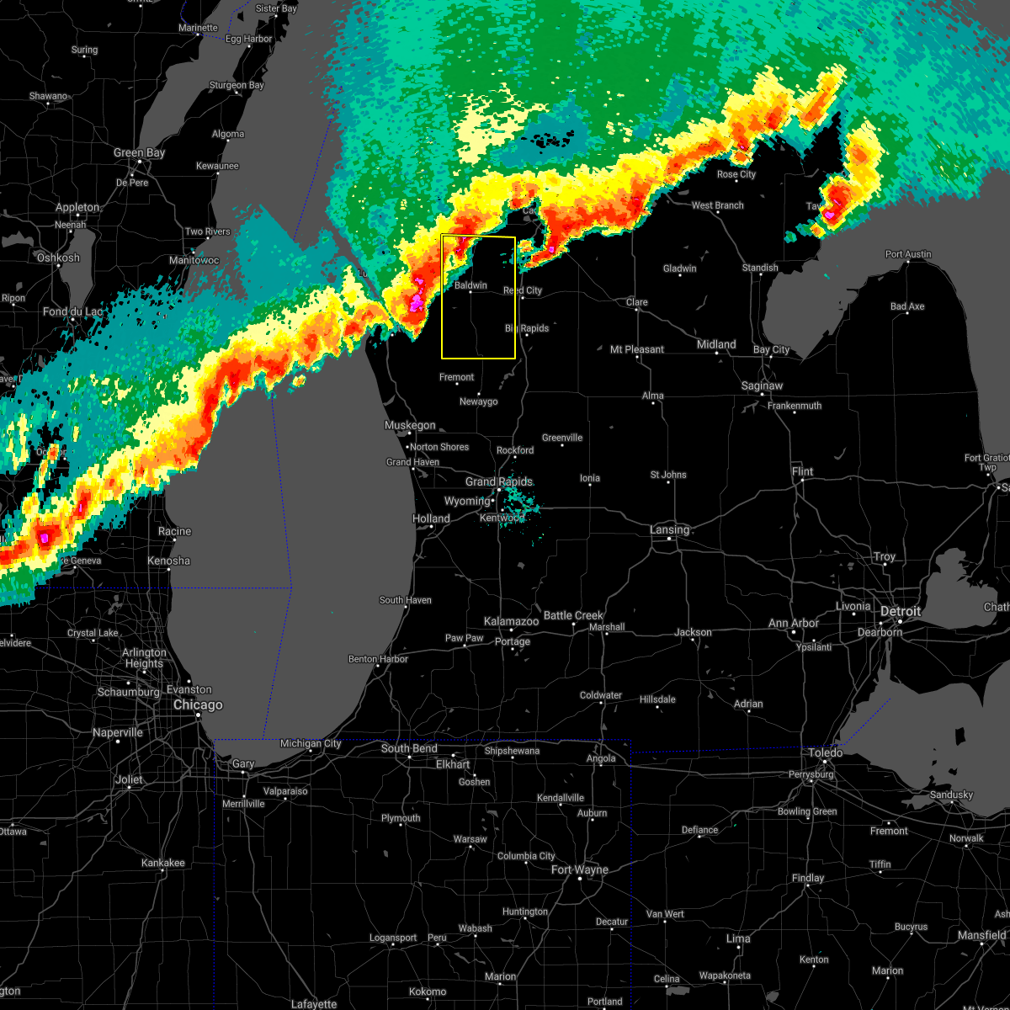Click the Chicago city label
click(198, 705)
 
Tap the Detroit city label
click(901, 611)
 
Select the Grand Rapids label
click(499, 482)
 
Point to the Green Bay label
click(140, 153)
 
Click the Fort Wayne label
click(580, 869)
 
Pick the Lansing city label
click(670, 529)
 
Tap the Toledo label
click(825, 752)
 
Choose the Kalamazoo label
click(511, 621)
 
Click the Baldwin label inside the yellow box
click(470, 285)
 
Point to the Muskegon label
click(410, 425)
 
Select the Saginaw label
click(763, 385)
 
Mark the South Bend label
click(409, 748)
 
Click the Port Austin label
click(908, 254)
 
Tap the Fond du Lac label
click(72, 311)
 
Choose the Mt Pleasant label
click(637, 349)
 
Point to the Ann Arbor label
click(794, 623)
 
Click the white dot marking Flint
click(803, 481)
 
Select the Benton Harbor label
click(378, 659)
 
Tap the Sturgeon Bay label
click(237, 85)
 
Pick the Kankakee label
click(162, 863)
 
